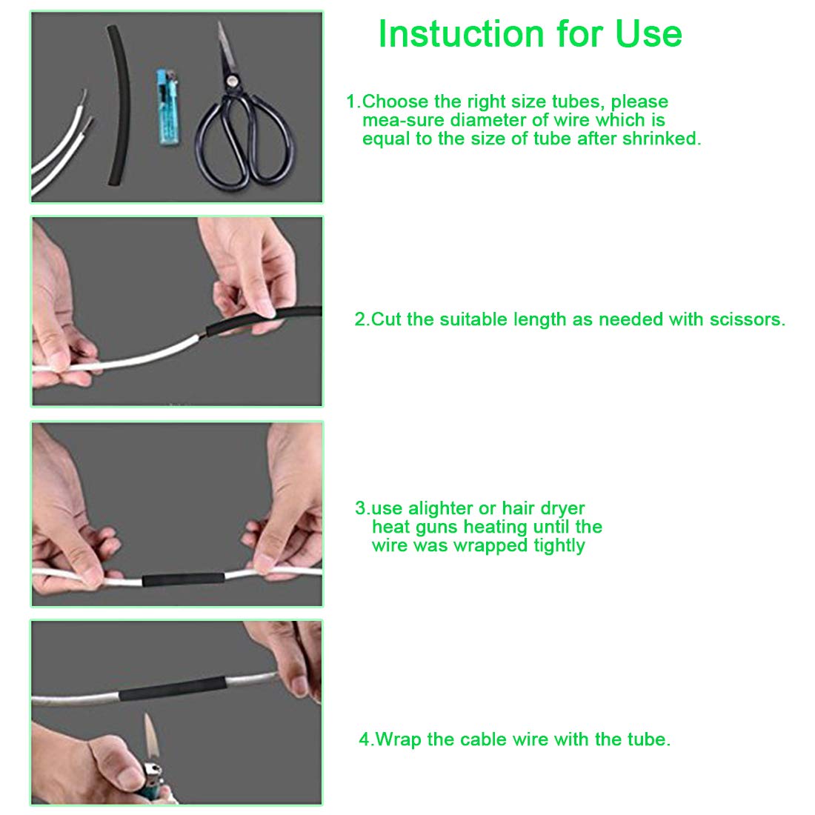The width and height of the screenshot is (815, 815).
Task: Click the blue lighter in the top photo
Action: coord(168,107)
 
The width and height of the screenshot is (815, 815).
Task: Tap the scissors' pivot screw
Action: coord(231,81)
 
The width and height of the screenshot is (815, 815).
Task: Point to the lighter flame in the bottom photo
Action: coord(150,737)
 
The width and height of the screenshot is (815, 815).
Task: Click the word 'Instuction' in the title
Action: coord(461,34)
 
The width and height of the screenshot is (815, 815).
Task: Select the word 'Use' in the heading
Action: coord(648,34)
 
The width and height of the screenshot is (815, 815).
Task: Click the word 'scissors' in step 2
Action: coord(748,319)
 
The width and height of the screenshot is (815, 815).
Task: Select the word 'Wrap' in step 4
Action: coord(398,739)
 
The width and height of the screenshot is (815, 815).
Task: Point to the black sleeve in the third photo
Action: coord(184,579)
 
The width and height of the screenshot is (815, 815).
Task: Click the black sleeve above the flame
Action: coord(173,689)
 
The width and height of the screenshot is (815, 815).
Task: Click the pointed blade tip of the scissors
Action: coord(219,21)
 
